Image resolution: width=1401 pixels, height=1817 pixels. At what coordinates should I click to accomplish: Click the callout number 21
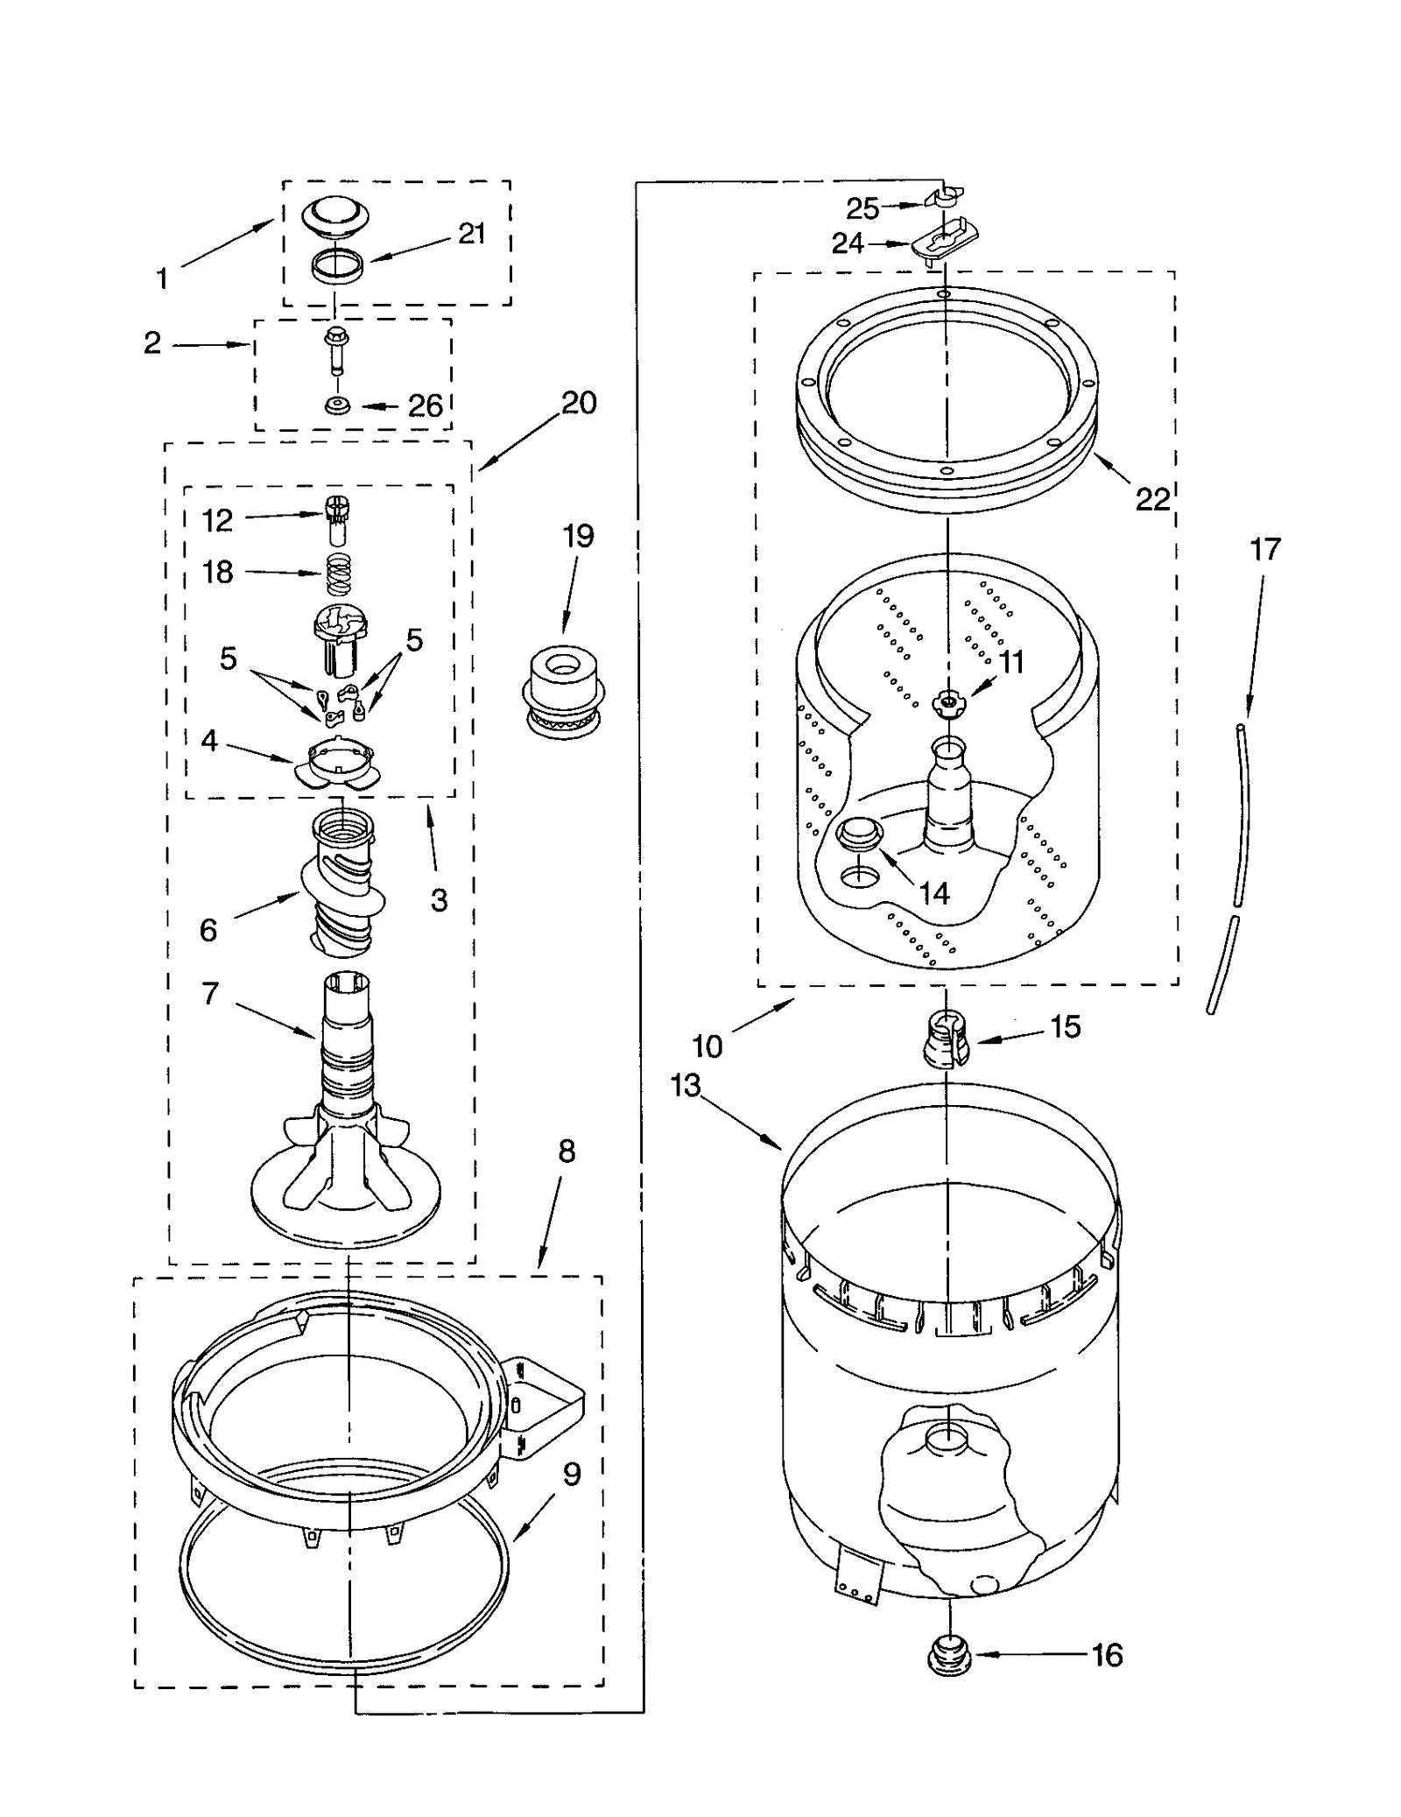pos(471,234)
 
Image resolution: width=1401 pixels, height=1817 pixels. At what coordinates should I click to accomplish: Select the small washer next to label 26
pos(336,406)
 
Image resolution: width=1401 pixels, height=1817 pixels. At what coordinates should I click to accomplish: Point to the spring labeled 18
pos(340,574)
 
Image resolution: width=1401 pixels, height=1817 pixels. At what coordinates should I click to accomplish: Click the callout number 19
pos(578,536)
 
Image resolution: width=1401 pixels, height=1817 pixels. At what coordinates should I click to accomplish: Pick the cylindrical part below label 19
pos(564,688)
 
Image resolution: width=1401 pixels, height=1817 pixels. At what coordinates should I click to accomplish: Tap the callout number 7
pos(210,994)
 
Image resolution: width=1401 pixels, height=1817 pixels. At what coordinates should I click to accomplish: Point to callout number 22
pos(1152,499)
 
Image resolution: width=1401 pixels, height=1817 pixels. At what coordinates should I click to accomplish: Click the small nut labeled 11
pos(947,701)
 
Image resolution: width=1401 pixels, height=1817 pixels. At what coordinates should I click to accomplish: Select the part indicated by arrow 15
pos(947,1039)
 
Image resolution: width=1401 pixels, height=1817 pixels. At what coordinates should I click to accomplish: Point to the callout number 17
pos(1265,550)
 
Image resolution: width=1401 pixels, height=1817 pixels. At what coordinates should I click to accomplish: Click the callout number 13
pos(686,1086)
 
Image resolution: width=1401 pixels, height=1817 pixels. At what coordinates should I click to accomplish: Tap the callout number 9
pos(571,1475)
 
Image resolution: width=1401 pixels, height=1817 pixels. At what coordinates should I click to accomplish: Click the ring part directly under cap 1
pos(337,264)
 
